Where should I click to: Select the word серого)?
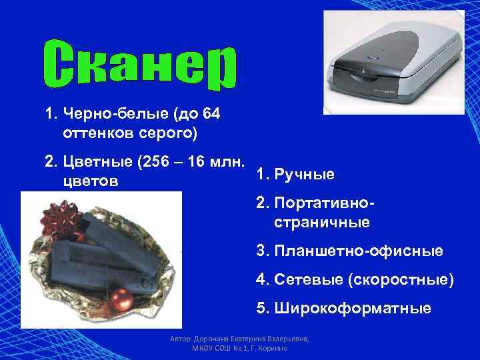[170, 133]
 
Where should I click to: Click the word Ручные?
[304, 174]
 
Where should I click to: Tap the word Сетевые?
[307, 280]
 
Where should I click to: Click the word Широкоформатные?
[352, 309]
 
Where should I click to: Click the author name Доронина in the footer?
[209, 339]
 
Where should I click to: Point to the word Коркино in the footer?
[273, 349]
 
